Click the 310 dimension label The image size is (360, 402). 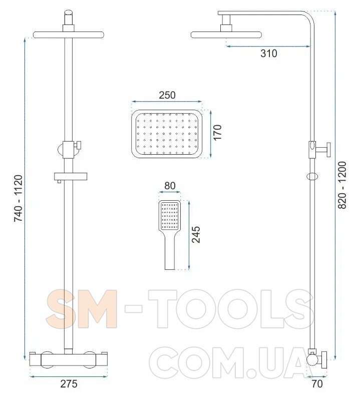coord(269,54)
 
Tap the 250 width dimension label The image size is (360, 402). coord(167,95)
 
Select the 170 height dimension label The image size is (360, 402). coord(217,132)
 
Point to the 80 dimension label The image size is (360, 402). coord(170,186)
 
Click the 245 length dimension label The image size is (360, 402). coord(196,234)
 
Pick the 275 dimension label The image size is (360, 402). coord(69,384)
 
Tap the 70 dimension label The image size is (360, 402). coord(317,384)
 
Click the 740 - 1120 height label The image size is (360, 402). coord(18,198)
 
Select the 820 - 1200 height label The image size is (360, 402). coord(342,185)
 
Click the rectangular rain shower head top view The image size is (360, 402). coord(167,134)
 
